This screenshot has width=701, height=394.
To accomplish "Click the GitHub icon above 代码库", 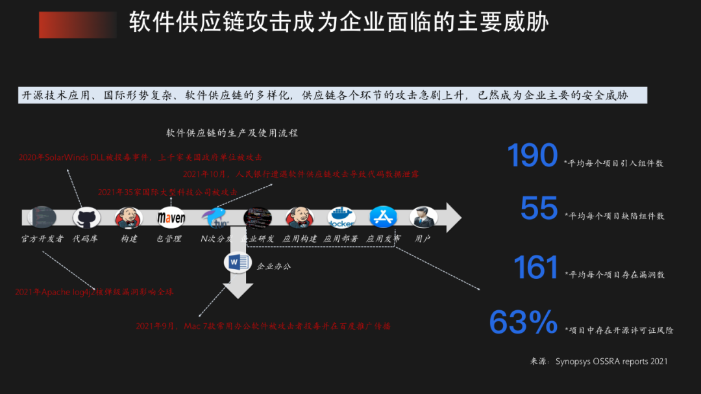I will tap(86, 217).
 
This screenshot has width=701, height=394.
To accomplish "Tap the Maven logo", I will tap(171, 217).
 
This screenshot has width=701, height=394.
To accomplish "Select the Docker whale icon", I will tap(341, 217).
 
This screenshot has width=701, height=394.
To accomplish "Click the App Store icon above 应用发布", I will tap(383, 217).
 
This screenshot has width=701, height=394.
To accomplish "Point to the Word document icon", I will tap(237, 262).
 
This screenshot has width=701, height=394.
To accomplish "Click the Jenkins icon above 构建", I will tap(128, 217).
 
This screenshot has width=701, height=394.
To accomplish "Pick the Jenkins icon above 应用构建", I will tap(299, 217).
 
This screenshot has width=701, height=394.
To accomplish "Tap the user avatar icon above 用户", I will tap(423, 217).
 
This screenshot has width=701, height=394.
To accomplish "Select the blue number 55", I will tap(539, 209).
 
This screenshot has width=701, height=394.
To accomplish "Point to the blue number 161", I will tap(536, 267).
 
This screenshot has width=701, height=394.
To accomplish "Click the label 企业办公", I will tap(274, 266).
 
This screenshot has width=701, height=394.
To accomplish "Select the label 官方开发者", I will tap(43, 239).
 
